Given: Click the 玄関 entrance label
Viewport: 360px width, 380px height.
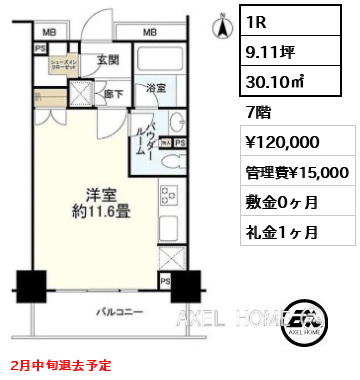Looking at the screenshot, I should coord(108,60).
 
